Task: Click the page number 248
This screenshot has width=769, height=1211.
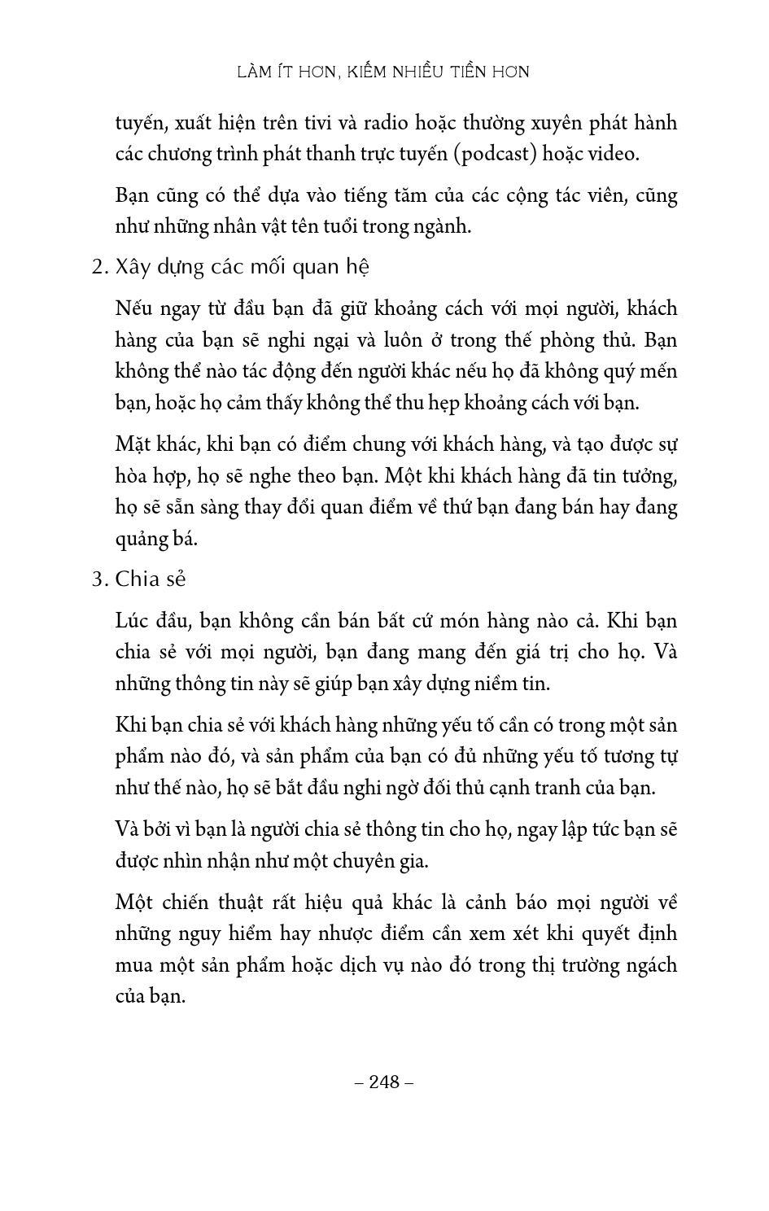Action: tap(385, 1082)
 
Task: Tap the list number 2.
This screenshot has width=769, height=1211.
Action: tap(98, 268)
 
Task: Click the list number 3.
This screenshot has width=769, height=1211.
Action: tap(98, 579)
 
